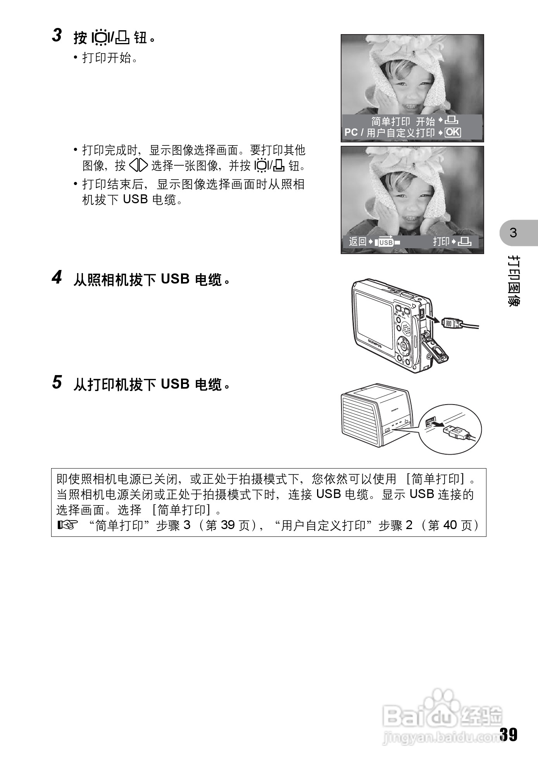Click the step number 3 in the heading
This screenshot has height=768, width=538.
coord(57,36)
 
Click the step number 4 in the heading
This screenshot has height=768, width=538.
coord(57,278)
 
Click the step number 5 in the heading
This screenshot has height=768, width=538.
coord(57,383)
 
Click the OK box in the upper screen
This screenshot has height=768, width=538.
coord(453,133)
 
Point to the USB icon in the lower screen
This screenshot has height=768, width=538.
coord(386,242)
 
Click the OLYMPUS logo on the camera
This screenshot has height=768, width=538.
coord(375,344)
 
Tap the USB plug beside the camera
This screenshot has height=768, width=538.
coord(452,322)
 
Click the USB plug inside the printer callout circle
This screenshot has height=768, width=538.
coord(457,431)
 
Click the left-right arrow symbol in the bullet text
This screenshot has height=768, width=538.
coord(138,166)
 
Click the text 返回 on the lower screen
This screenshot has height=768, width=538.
coord(357,242)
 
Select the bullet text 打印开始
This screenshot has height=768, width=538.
coord(110,59)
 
